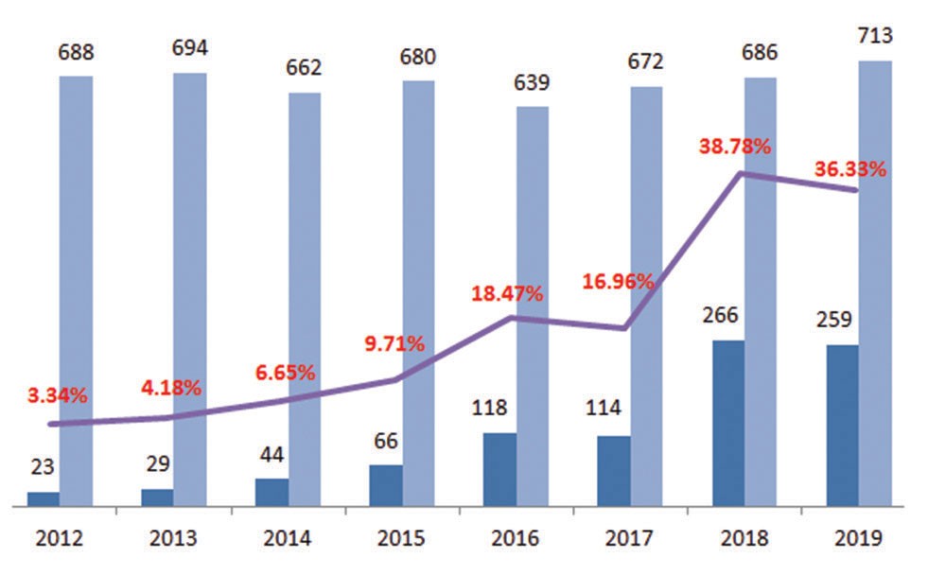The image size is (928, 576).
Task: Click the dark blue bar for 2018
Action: click(x=727, y=423)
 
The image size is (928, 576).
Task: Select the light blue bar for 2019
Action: click(x=875, y=284)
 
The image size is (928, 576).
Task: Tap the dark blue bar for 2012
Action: click(x=43, y=498)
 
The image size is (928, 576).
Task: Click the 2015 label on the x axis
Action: click(x=401, y=539)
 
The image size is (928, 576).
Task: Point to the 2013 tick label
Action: click(x=172, y=539)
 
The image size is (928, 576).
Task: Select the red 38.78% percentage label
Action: click(x=735, y=148)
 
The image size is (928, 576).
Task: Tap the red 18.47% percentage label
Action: click(x=507, y=293)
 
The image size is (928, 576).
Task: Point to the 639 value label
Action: click(x=533, y=83)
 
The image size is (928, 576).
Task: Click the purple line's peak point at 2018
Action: click(x=744, y=173)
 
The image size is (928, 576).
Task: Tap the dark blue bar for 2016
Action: click(x=499, y=469)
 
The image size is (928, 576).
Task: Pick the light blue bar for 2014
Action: click(x=305, y=299)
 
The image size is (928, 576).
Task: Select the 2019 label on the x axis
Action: click(x=858, y=539)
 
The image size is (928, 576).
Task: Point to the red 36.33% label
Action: click(x=850, y=170)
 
